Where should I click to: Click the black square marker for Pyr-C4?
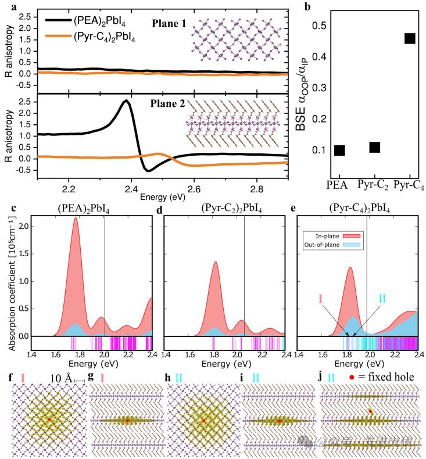click(x=409, y=38)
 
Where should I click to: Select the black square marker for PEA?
click(x=339, y=150)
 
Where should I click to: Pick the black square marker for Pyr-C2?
click(x=374, y=147)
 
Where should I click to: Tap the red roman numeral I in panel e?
click(x=320, y=299)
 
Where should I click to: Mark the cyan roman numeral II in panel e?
click(x=382, y=299)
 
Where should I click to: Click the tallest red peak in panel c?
click(x=76, y=235)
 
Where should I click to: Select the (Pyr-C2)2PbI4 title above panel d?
click(x=224, y=209)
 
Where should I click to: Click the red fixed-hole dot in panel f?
click(x=49, y=419)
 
